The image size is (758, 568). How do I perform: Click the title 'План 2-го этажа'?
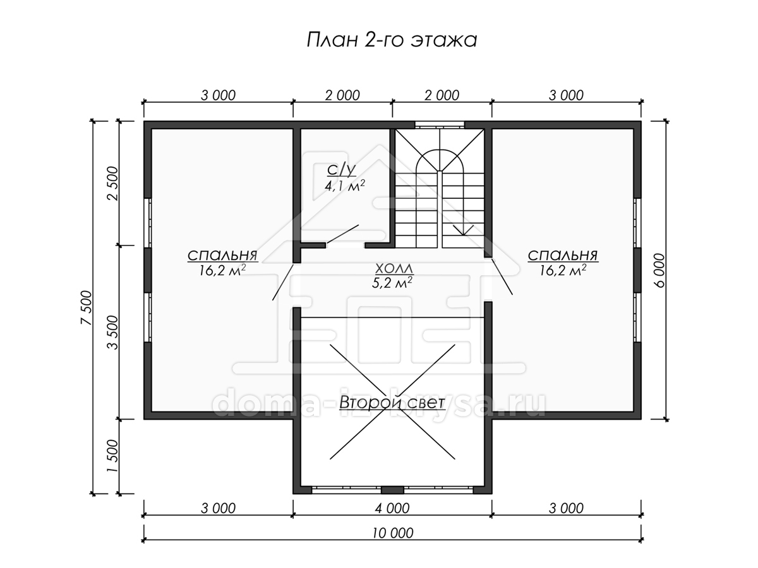392,40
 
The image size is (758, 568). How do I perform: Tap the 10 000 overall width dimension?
393,533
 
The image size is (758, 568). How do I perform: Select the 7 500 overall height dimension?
87,307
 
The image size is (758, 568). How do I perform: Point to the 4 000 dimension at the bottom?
392,508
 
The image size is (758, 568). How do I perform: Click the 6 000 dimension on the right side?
659,270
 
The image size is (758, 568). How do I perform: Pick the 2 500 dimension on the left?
112,183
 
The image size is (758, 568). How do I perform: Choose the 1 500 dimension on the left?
112,456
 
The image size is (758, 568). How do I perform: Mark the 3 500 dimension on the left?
112,332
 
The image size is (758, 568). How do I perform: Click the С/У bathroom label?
341,170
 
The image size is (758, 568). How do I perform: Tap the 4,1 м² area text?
345,186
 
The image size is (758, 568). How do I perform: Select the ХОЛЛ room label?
394,268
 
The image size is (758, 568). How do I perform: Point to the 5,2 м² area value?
392,283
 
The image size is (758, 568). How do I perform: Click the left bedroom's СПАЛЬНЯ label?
222,256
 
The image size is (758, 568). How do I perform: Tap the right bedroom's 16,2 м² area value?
563,270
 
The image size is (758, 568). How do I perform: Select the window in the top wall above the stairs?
440,124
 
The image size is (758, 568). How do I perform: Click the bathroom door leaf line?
342,234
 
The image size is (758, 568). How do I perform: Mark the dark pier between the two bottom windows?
392,490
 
